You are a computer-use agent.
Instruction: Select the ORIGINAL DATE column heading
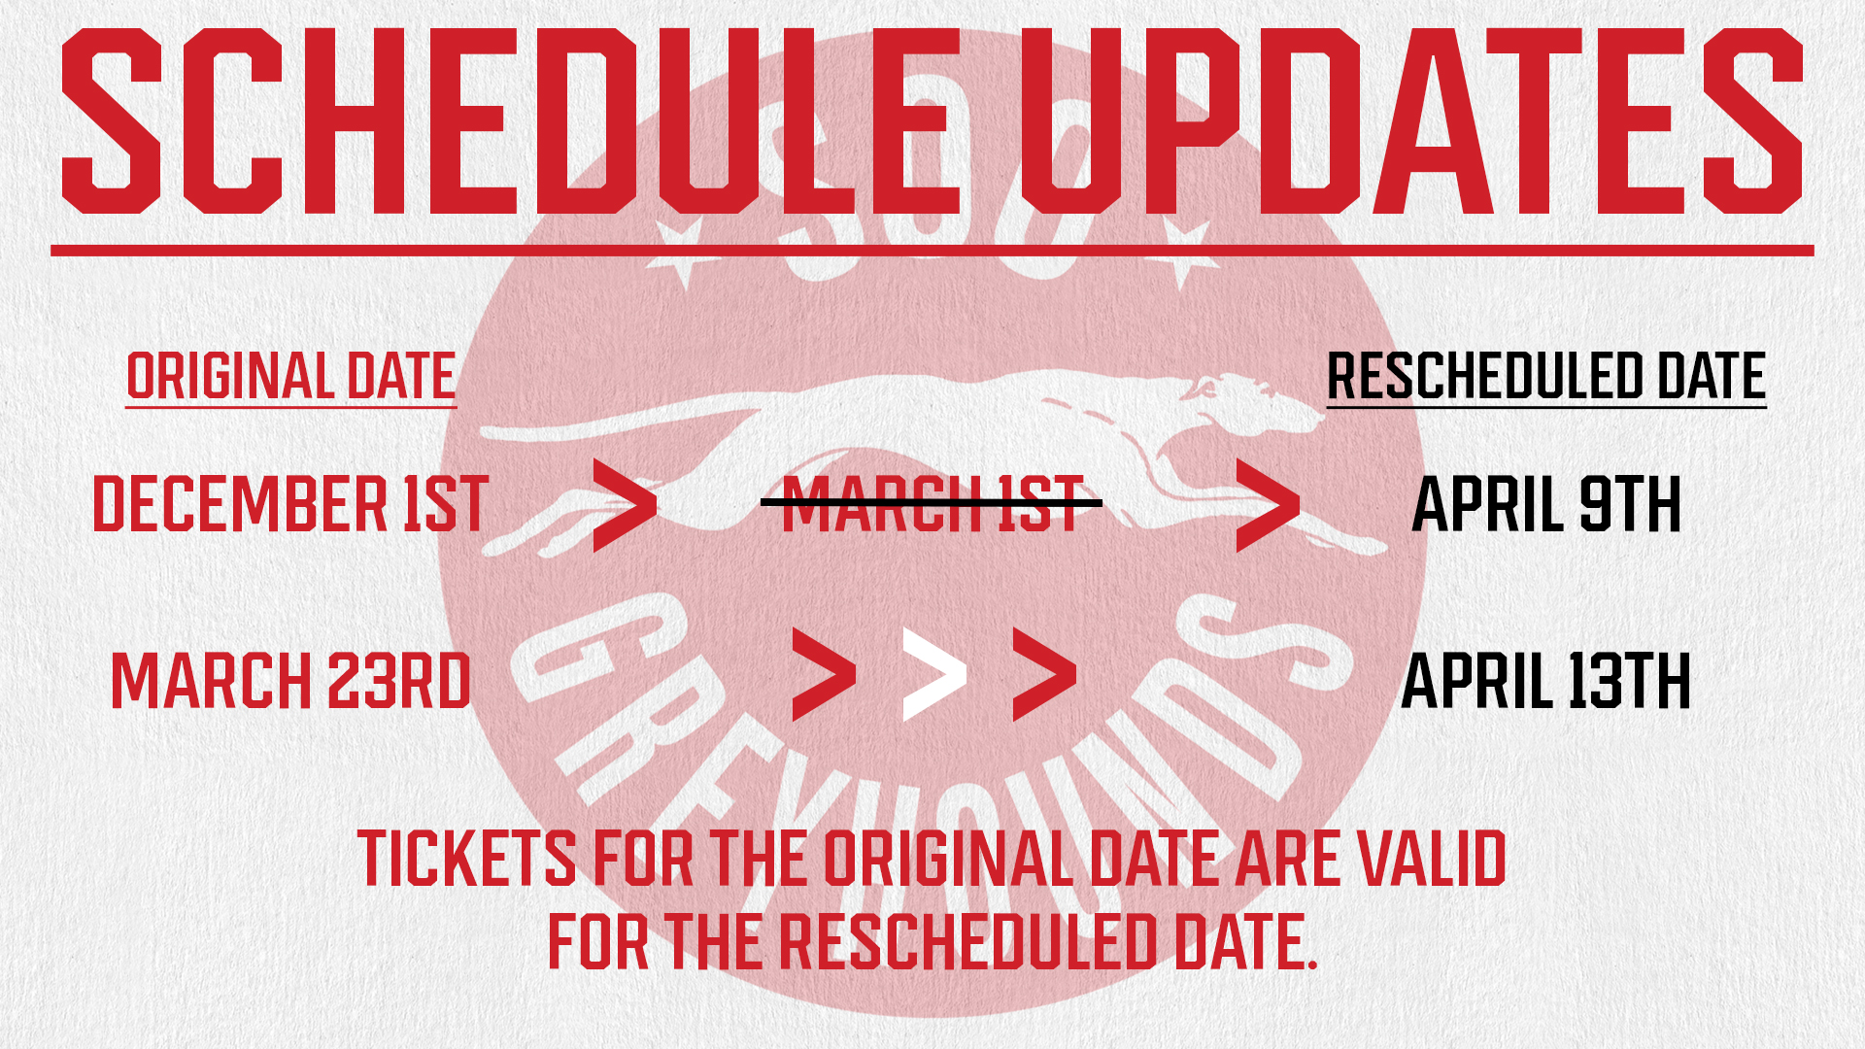(291, 377)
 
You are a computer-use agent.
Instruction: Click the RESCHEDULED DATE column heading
(1546, 377)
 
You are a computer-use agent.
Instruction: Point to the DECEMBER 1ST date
(290, 505)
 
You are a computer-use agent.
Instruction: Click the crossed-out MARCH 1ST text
(932, 504)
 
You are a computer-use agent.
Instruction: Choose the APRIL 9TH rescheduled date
(1546, 505)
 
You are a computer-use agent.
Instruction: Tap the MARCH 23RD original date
(291, 681)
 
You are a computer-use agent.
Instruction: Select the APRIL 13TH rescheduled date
(1546, 681)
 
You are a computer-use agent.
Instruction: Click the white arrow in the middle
(934, 674)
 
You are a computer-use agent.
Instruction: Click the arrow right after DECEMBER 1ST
(625, 506)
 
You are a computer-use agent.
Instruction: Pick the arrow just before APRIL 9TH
(1268, 506)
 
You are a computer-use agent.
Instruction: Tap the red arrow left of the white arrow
(824, 674)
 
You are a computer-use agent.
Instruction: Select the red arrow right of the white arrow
(1044, 674)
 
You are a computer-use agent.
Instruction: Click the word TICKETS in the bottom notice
(467, 859)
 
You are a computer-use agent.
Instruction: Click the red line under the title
(932, 251)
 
